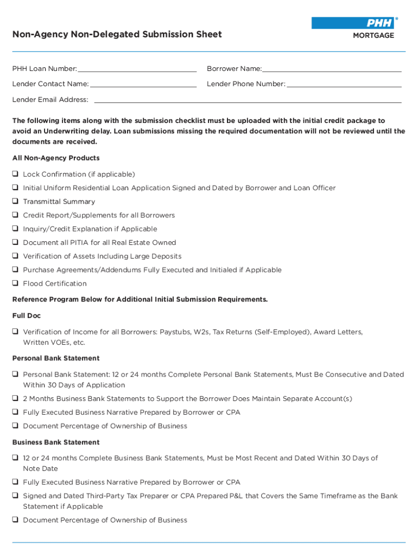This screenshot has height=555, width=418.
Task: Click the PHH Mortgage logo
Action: tap(354, 28)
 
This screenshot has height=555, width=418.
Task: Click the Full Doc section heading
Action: tap(27, 315)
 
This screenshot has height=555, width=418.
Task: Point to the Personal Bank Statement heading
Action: tap(56, 358)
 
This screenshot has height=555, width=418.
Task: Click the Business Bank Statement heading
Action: tap(56, 442)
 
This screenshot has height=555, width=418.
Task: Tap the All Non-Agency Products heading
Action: tap(56, 158)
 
